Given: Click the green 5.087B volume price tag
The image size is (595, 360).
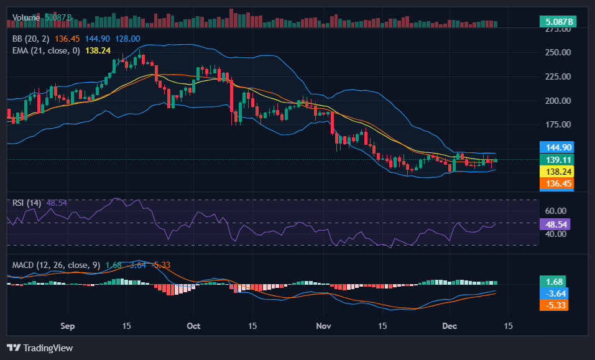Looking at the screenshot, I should point(558,22).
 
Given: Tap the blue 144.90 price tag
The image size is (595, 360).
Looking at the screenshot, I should point(555,147).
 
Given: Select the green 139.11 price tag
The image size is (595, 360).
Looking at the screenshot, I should point(555,160).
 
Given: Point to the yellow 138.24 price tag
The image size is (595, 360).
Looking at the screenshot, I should point(555,172).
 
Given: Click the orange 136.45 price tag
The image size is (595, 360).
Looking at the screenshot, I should point(555,183).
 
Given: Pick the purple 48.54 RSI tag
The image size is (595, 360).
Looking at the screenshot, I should point(555,224).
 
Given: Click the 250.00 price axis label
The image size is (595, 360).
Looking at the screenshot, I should point(558,52).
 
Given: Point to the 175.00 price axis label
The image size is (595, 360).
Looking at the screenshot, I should point(558,124).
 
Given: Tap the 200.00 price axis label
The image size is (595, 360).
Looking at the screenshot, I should point(558,101).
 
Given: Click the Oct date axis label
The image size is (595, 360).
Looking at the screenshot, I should point(193,326).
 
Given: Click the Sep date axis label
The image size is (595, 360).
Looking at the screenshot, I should point(68,326).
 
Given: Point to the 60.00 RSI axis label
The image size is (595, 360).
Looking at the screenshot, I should point(555,211).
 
